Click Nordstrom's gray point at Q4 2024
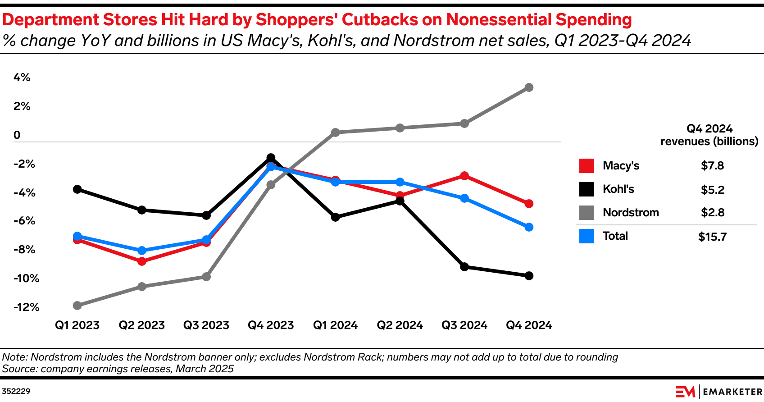click(529, 87)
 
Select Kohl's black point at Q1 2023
click(77, 189)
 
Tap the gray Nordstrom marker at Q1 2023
click(77, 306)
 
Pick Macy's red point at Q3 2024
click(464, 176)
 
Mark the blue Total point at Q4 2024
click(529, 227)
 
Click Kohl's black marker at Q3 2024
click(464, 267)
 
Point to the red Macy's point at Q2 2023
click(142, 261)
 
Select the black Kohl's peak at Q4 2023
click(271, 158)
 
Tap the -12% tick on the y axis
click(27, 307)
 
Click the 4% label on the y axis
click(22, 78)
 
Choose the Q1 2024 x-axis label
click(335, 325)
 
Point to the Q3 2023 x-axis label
click(206, 325)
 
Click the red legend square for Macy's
click(587, 166)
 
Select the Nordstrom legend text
click(631, 213)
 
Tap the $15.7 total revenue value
click(712, 237)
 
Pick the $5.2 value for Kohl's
click(712, 190)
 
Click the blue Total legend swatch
click(587, 236)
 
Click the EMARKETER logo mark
click(685, 392)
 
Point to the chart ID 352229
click(16, 391)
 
